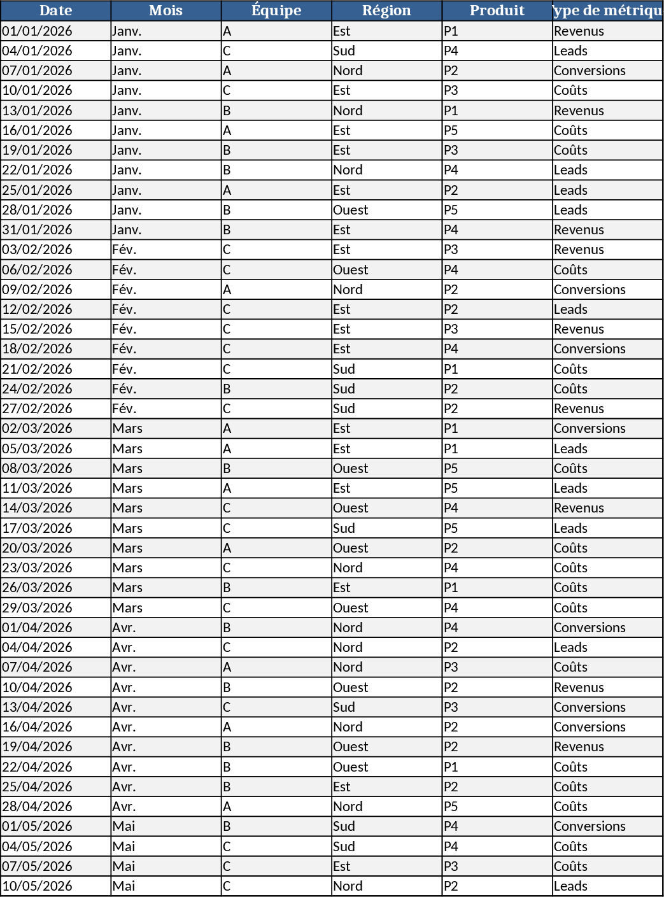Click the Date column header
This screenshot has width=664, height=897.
(55, 11)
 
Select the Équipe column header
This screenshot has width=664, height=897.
(276, 11)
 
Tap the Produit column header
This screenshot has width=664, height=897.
(497, 11)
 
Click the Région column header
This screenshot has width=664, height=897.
(386, 11)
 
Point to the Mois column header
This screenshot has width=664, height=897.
(166, 11)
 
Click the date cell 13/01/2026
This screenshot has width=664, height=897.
(55, 111)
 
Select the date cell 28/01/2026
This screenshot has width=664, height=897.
(55, 210)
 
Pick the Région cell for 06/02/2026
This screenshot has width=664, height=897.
(386, 270)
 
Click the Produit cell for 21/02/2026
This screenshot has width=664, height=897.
(497, 369)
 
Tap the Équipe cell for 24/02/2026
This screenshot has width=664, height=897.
(276, 389)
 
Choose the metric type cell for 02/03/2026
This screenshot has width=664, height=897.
(607, 428)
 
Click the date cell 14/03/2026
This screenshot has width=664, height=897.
(55, 508)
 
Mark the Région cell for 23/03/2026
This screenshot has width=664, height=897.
(386, 568)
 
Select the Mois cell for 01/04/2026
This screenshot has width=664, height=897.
(166, 628)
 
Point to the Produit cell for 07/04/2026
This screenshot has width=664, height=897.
(497, 667)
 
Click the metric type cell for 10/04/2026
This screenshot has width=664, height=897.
(607, 688)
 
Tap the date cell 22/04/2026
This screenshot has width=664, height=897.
(55, 767)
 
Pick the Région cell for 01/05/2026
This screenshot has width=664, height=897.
(386, 826)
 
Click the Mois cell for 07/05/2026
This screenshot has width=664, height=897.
(166, 866)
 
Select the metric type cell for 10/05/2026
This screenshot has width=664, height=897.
(607, 886)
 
